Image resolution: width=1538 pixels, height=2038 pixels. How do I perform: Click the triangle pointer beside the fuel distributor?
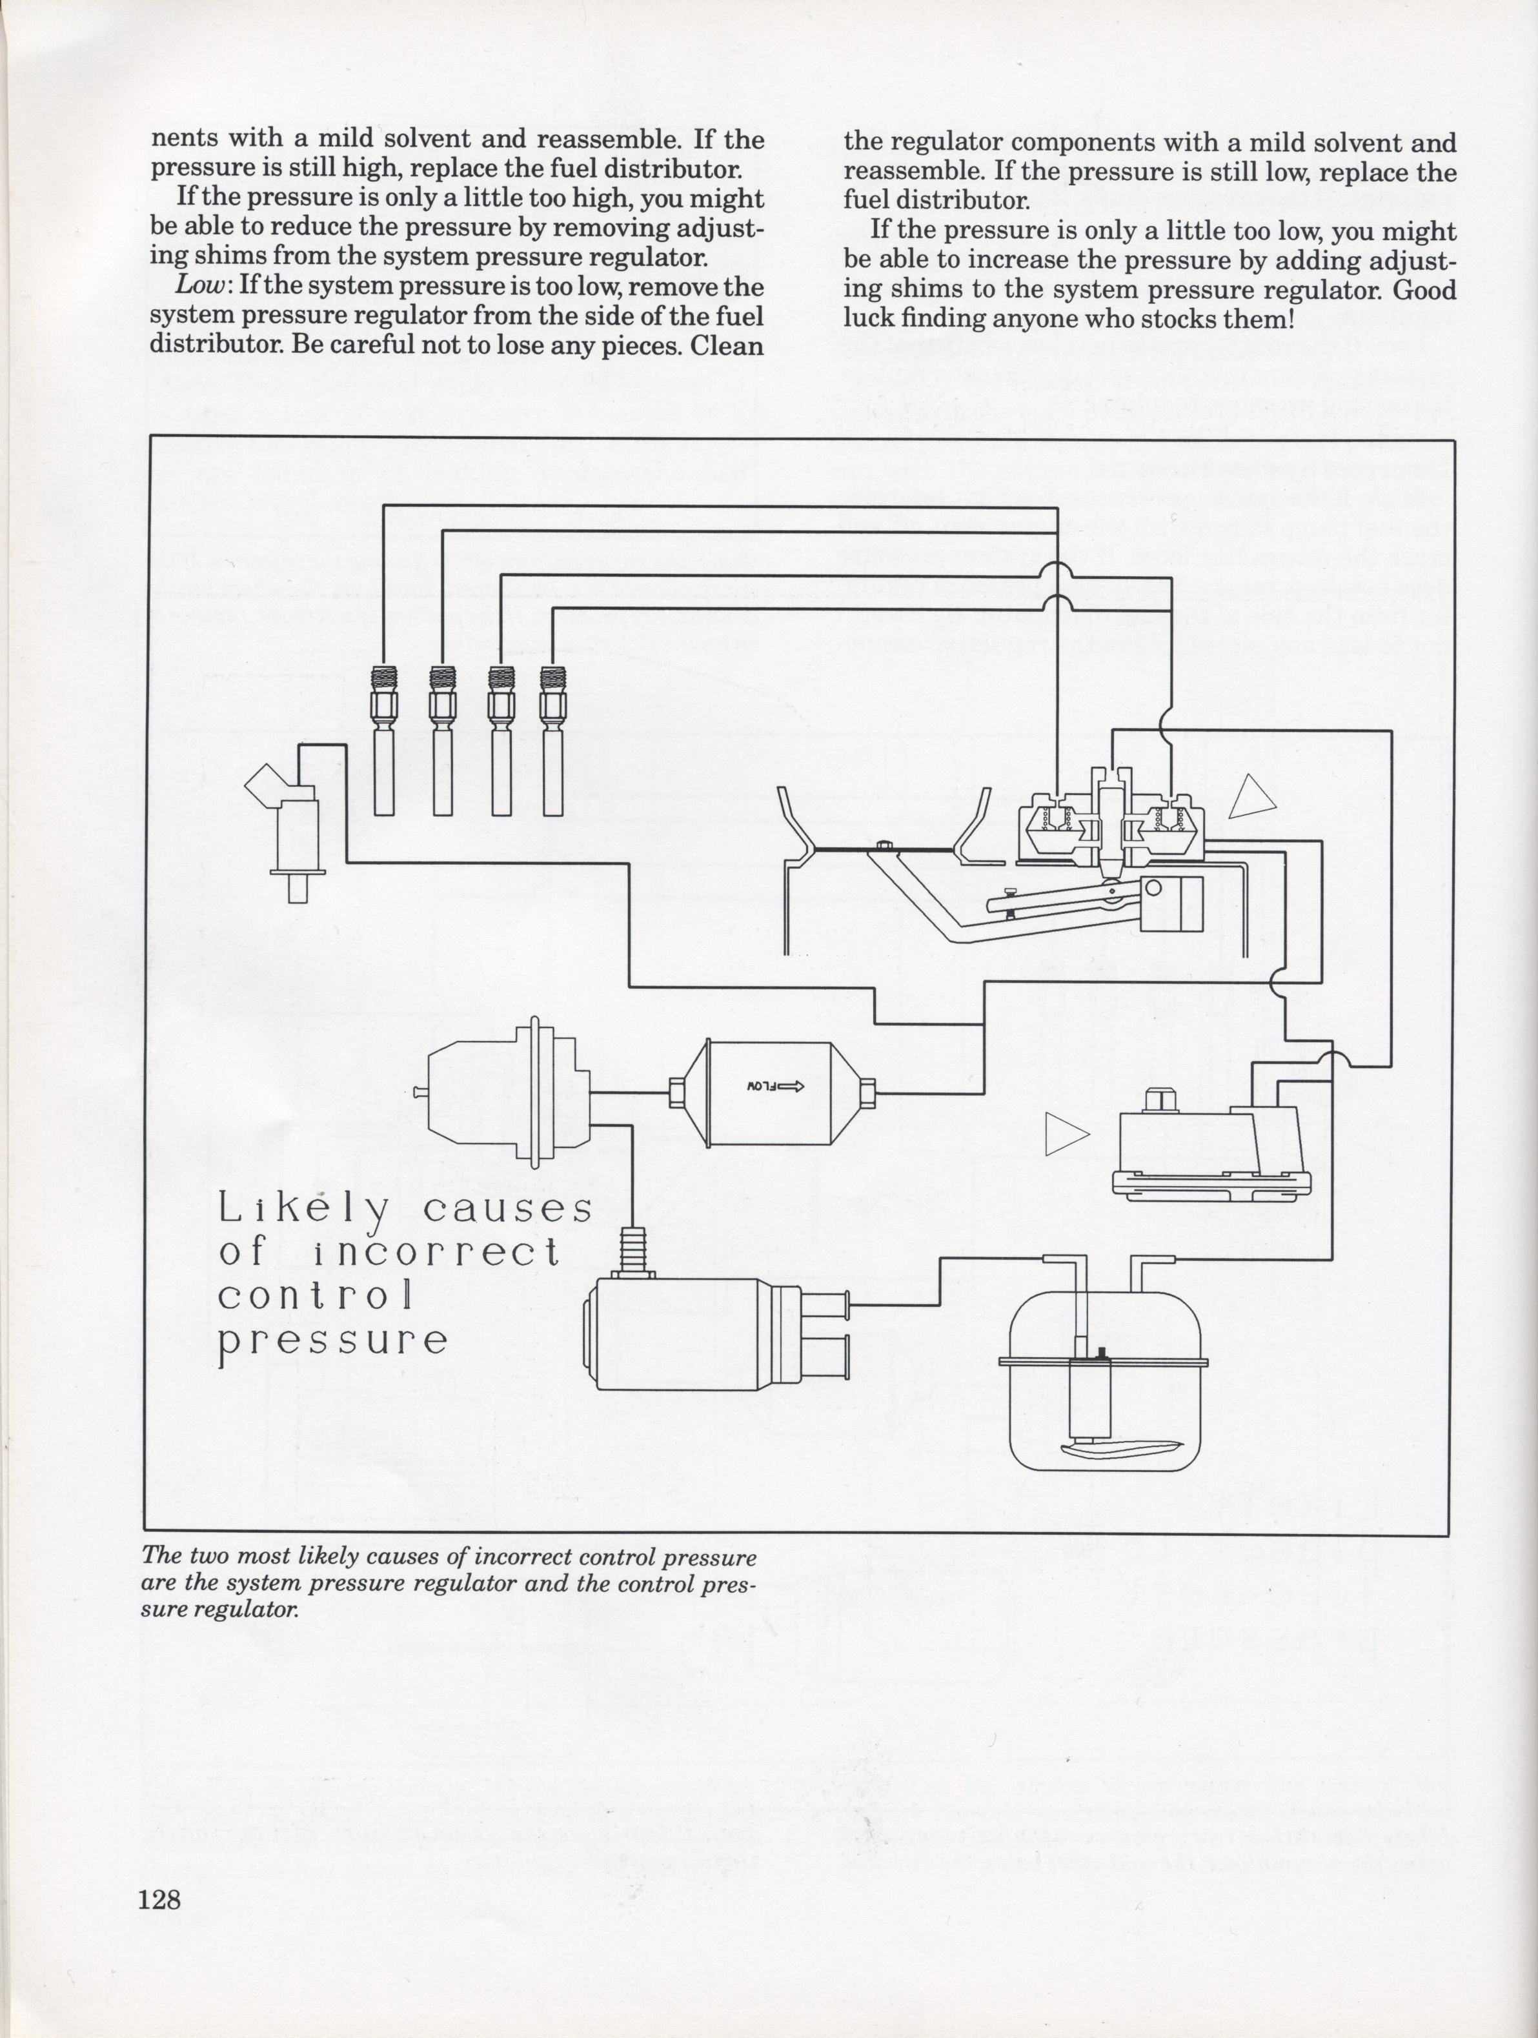pyautogui.click(x=1252, y=795)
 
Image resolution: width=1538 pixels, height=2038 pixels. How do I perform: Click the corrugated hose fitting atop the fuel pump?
pyautogui.click(x=633, y=1250)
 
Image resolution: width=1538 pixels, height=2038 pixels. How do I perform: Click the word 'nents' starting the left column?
pyautogui.click(x=185, y=140)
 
